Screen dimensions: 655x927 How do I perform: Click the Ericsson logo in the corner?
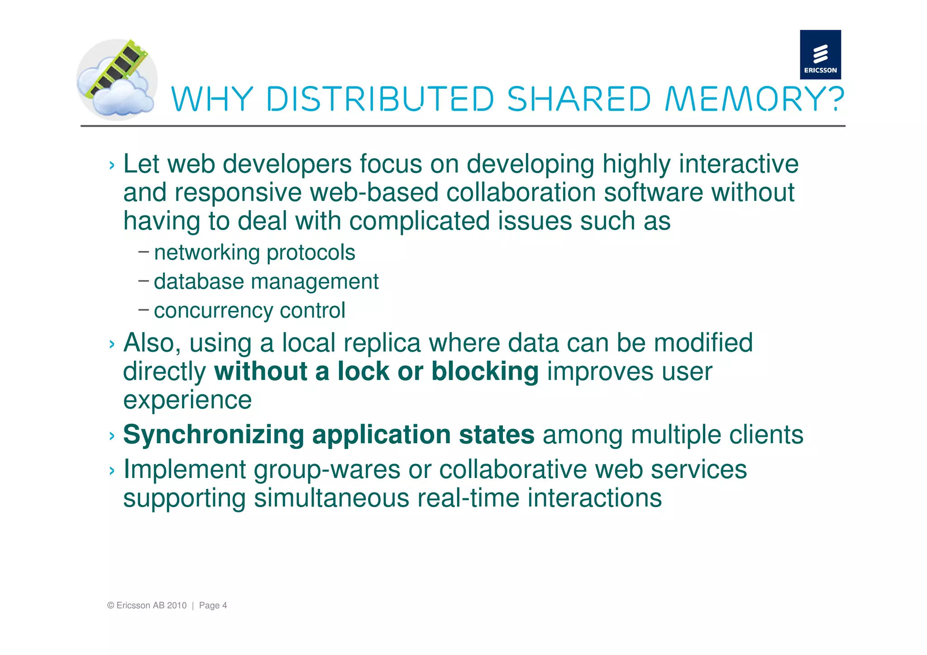pyautogui.click(x=820, y=55)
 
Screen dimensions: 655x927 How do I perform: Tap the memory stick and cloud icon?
pyautogui.click(x=117, y=80)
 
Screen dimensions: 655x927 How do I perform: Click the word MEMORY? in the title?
pyautogui.click(x=754, y=99)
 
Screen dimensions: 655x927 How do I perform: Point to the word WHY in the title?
pyautogui.click(x=212, y=99)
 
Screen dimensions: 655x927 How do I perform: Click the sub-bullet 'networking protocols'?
pyautogui.click(x=254, y=253)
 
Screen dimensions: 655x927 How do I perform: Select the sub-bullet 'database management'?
pyautogui.click(x=266, y=282)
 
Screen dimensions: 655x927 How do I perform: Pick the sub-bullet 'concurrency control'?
pyautogui.click(x=249, y=311)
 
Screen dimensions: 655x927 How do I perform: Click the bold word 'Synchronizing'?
pyautogui.click(x=213, y=435)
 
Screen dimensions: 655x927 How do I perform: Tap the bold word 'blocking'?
pyautogui.click(x=485, y=372)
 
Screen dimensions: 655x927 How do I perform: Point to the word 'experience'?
pyautogui.click(x=187, y=400)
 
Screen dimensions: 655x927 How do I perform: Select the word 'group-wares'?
pyautogui.click(x=327, y=470)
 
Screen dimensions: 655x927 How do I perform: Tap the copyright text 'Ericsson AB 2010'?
pyautogui.click(x=151, y=606)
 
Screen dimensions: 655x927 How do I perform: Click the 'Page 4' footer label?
pyautogui.click(x=213, y=606)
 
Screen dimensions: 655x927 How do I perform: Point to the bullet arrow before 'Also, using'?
pyautogui.click(x=112, y=344)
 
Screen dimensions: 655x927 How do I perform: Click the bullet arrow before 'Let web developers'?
pyautogui.click(x=112, y=166)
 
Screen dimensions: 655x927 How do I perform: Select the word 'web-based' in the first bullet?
pyautogui.click(x=374, y=192)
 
